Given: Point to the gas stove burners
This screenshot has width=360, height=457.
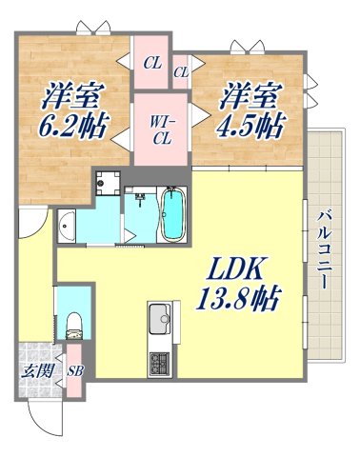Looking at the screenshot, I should [x=157, y=362].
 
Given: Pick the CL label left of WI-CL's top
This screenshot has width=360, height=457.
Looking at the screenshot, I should [x=152, y=65].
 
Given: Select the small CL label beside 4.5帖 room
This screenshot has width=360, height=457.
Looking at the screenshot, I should [x=181, y=71].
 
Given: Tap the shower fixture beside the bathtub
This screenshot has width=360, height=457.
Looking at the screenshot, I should [x=140, y=202].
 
